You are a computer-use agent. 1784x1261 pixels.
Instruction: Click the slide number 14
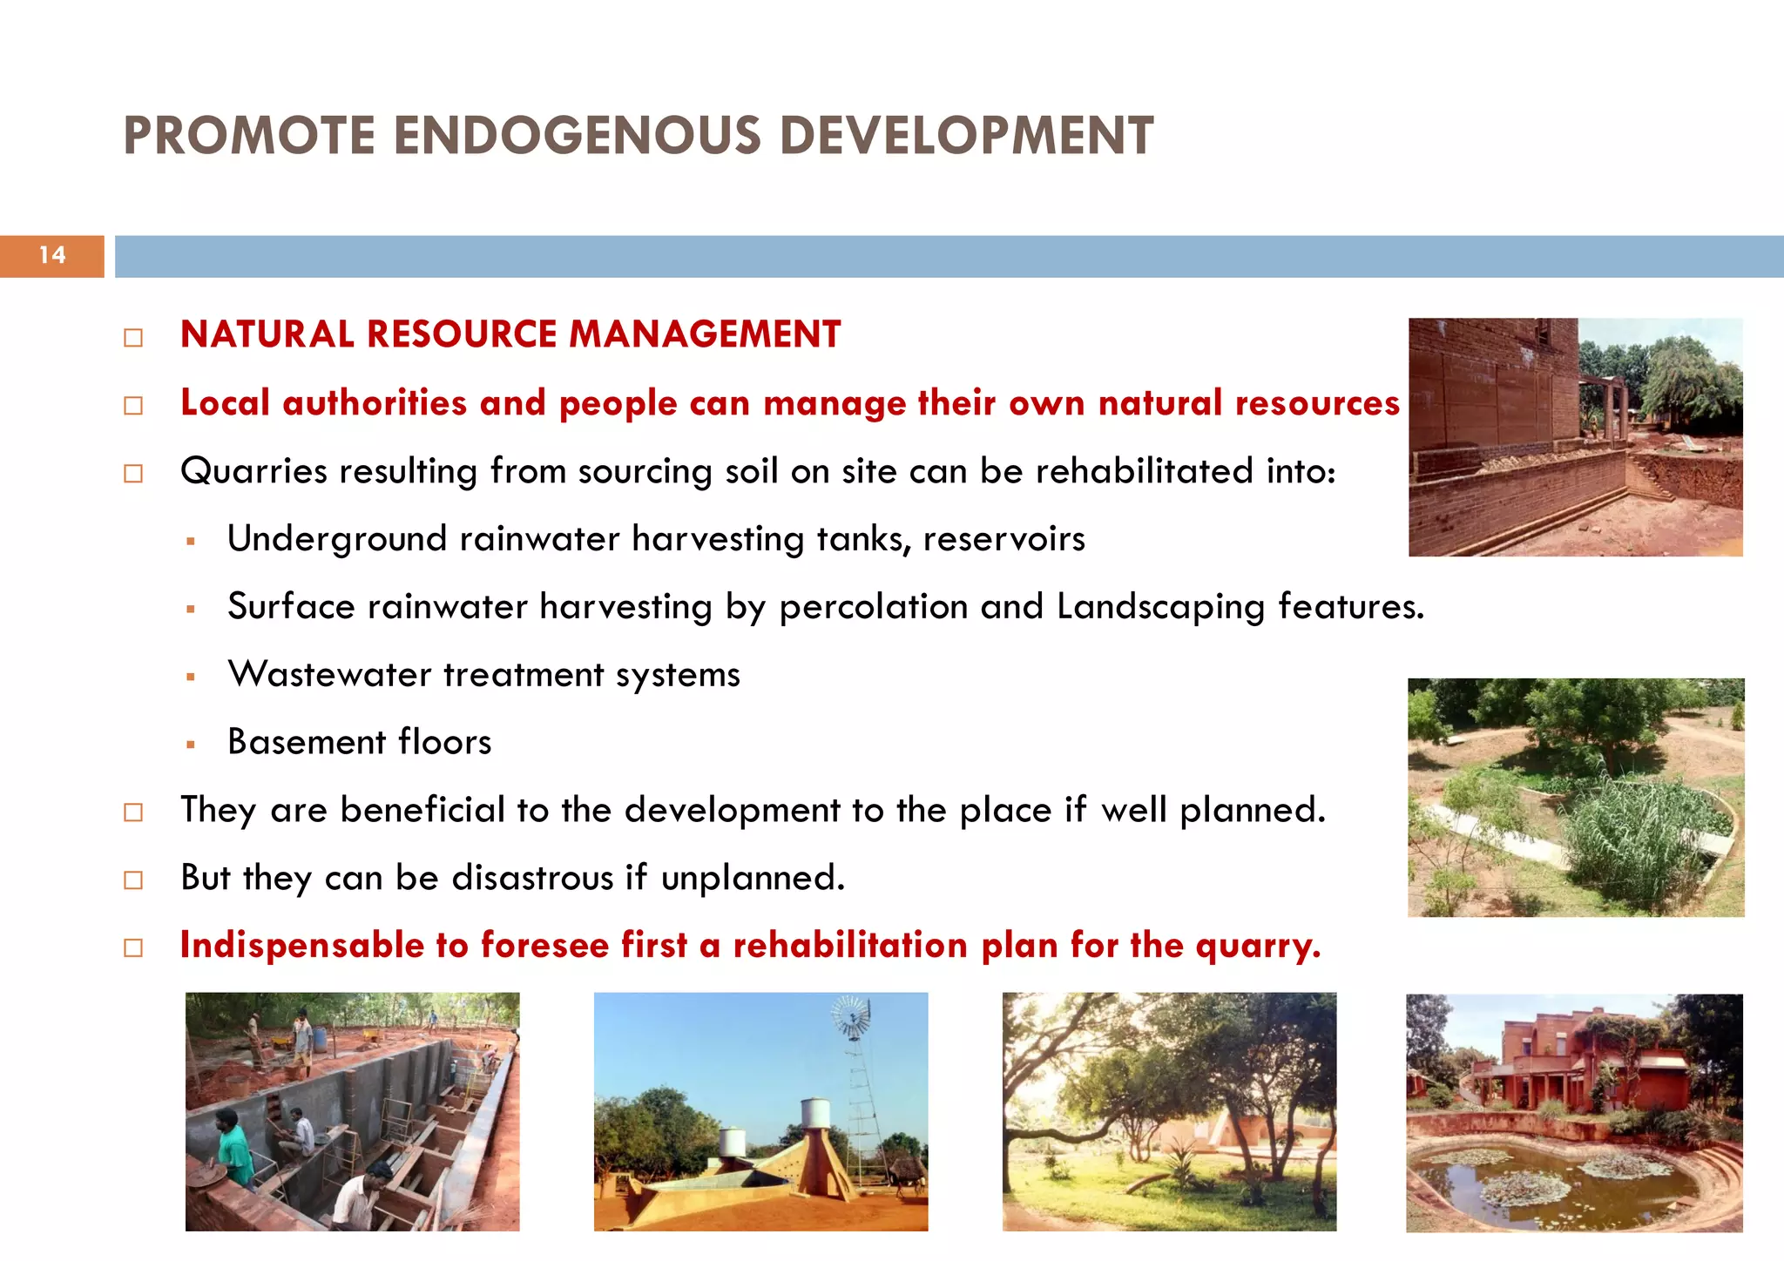52,255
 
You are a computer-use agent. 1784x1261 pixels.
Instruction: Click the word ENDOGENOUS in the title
577,137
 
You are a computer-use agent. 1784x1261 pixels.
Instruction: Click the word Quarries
253,471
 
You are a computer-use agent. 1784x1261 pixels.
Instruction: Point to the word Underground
337,539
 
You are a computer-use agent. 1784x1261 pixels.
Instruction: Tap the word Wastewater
329,675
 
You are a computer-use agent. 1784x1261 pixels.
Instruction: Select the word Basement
307,742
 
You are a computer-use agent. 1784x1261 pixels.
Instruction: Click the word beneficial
422,810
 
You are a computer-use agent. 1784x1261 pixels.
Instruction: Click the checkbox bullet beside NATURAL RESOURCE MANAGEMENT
133,338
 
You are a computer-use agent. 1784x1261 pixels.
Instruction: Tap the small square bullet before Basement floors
191,745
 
